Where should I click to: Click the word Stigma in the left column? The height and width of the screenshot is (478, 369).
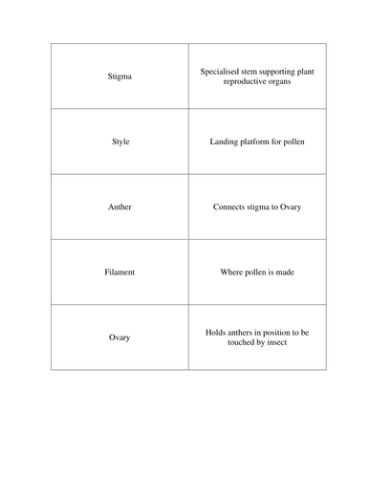click(120, 76)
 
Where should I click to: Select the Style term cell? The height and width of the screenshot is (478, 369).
click(120, 141)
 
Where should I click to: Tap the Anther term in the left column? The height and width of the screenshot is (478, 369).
click(120, 206)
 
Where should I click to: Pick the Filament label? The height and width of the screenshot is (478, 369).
click(120, 272)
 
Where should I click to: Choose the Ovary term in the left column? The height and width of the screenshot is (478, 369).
click(120, 337)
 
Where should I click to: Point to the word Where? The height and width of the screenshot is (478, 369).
click(230, 272)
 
